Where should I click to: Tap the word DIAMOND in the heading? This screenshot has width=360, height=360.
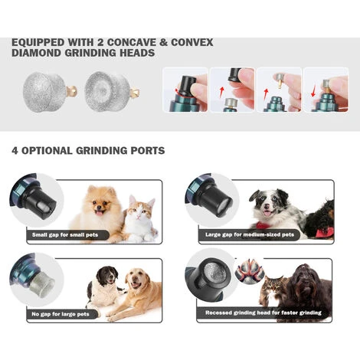[36, 53]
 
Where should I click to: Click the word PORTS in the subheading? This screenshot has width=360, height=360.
[148, 151]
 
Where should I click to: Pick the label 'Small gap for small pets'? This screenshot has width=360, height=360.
[65, 235]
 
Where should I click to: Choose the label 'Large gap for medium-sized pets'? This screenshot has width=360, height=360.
[250, 234]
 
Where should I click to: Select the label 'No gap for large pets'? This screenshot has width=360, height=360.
[61, 314]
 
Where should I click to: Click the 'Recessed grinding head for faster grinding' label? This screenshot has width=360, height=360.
[263, 313]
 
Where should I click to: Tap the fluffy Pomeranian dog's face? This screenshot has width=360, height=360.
[100, 201]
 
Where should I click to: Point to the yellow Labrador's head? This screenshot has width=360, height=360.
[136, 279]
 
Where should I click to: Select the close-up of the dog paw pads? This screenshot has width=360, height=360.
[250, 271]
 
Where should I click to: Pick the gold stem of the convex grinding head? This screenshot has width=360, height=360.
[71, 91]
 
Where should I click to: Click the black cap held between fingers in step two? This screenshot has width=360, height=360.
[234, 74]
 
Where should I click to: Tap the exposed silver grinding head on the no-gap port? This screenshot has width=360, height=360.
[41, 283]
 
